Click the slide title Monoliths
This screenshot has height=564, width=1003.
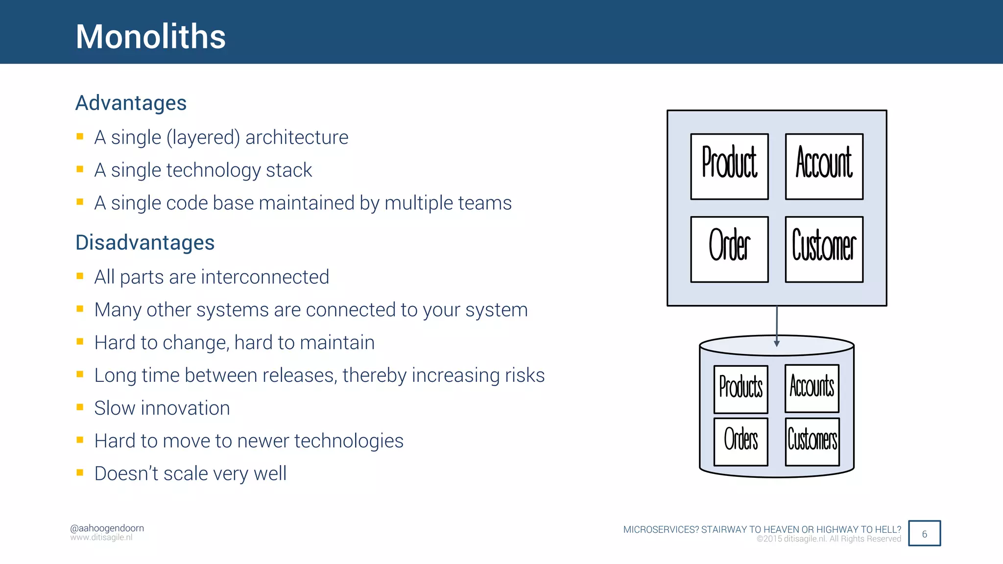pyautogui.click(x=150, y=37)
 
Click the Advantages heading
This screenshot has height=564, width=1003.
pyautogui.click(x=131, y=103)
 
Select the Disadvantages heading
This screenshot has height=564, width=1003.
pyautogui.click(x=145, y=242)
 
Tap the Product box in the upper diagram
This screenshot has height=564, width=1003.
pyautogui.click(x=729, y=166)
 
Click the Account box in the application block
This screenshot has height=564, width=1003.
pyautogui.click(x=824, y=166)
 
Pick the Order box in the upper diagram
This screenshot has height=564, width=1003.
pyautogui.click(x=729, y=249)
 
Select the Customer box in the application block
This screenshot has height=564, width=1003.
pyautogui.click(x=824, y=249)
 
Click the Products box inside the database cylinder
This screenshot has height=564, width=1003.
pyautogui.click(x=740, y=389)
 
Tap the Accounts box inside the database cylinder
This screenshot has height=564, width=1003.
pyautogui.click(x=812, y=388)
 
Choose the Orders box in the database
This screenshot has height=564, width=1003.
pyautogui.click(x=740, y=442)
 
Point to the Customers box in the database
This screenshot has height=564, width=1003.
pyautogui.click(x=812, y=442)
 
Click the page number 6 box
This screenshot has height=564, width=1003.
pyautogui.click(x=924, y=533)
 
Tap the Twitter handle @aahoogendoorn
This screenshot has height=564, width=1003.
pyautogui.click(x=107, y=528)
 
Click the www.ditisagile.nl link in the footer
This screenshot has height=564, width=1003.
pyautogui.click(x=101, y=538)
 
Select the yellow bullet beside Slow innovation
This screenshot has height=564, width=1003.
pyautogui.click(x=80, y=407)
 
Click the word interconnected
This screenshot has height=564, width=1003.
pyautogui.click(x=264, y=277)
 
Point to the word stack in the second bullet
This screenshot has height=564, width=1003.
pyautogui.click(x=288, y=170)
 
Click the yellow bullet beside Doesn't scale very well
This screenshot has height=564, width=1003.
pyautogui.click(x=80, y=472)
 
